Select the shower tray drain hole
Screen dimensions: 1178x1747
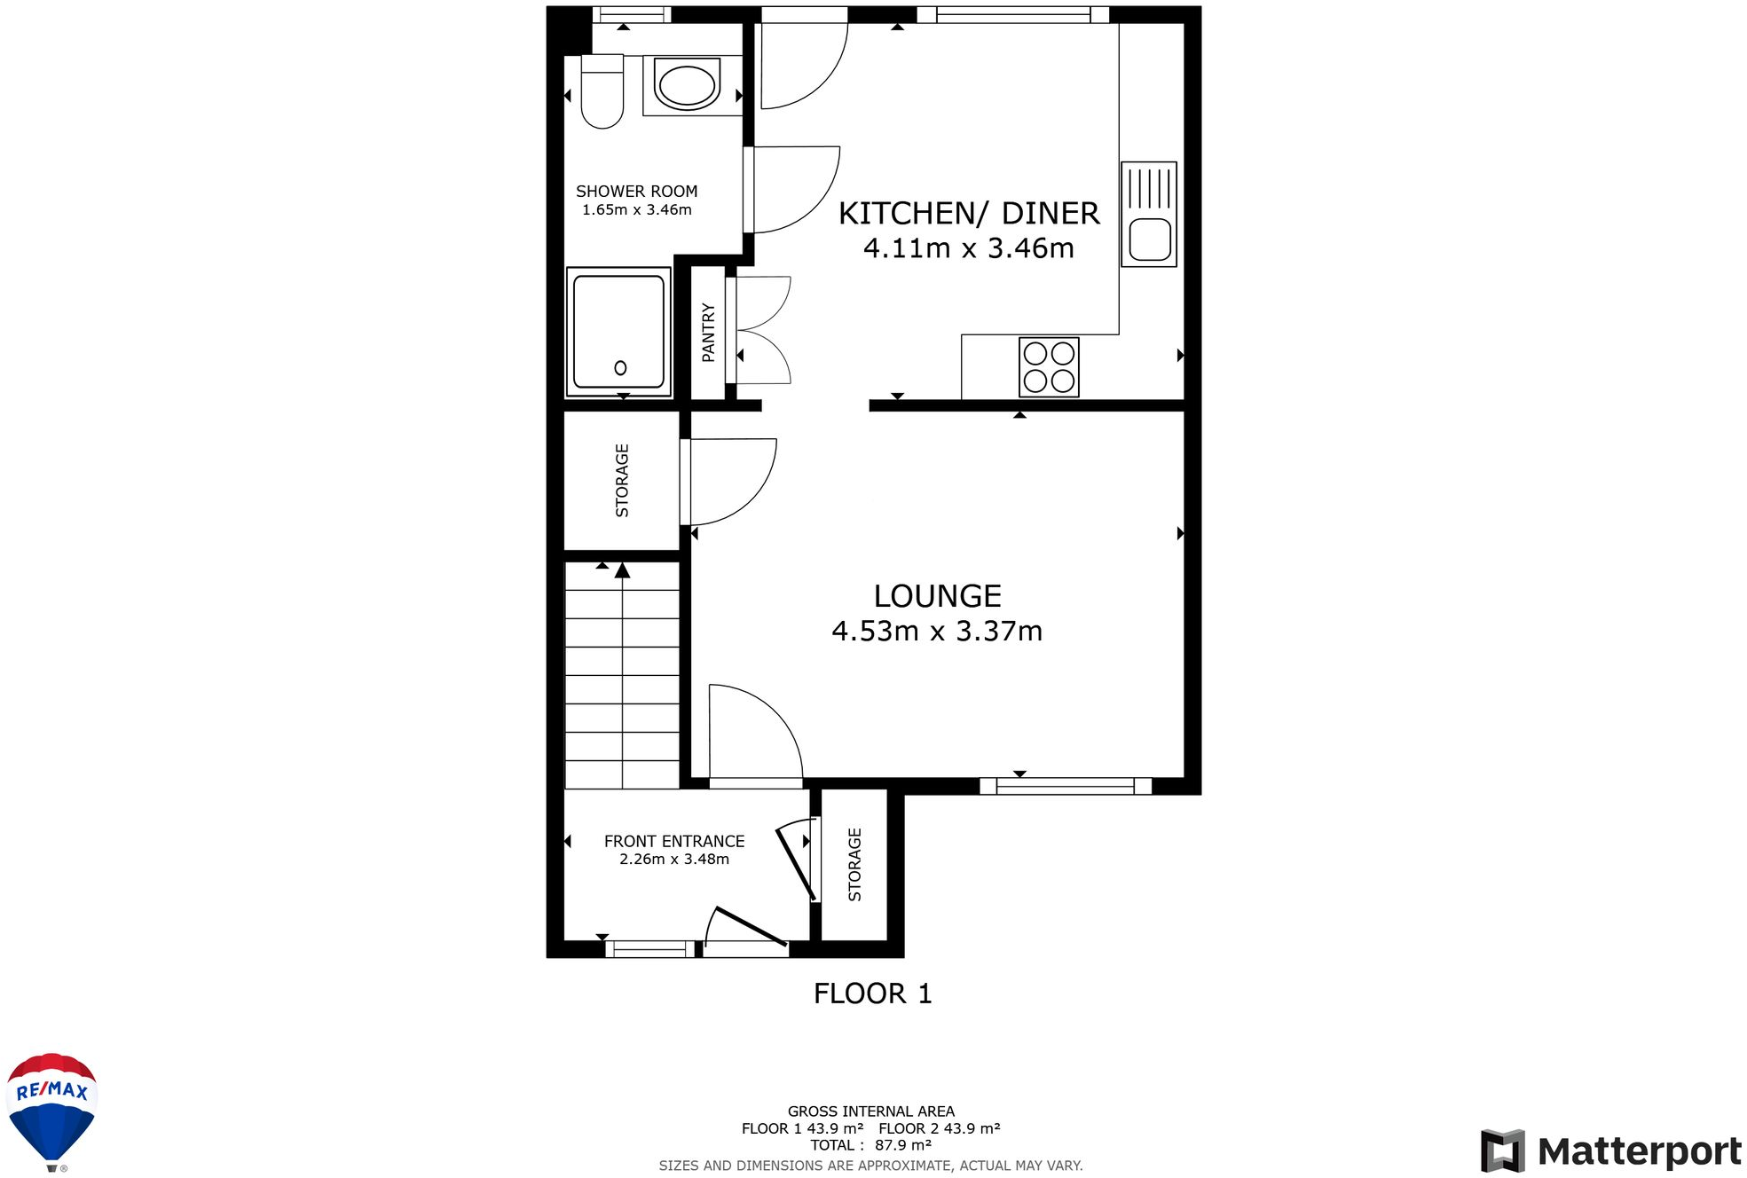620,368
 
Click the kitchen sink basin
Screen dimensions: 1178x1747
1150,240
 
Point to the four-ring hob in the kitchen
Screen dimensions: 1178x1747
1049,367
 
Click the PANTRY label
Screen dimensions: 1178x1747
708,333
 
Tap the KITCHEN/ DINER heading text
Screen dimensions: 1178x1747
969,214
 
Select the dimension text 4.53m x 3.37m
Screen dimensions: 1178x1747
937,631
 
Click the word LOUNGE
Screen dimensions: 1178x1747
937,596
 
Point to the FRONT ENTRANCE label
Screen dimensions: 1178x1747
674,841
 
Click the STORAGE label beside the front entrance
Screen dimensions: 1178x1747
854,865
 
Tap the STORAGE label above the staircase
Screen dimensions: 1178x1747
622,481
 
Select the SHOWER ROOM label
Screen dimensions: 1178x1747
636,192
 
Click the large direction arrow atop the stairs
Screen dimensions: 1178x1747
622,570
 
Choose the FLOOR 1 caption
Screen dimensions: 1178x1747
872,993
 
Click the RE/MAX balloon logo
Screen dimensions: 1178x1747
52,1110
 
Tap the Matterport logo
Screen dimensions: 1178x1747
1610,1151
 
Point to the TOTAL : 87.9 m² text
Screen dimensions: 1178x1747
870,1145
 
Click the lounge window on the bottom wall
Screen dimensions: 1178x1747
1065,786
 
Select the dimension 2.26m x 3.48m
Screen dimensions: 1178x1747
674,859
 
